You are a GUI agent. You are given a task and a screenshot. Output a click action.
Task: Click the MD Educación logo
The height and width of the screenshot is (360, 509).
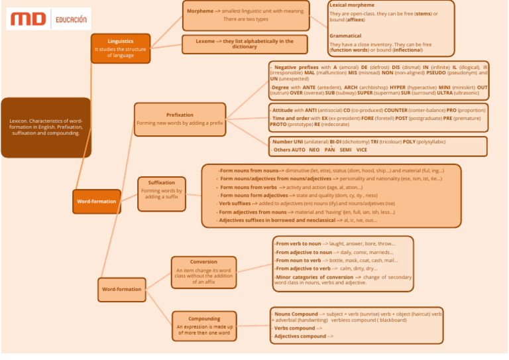(48, 19)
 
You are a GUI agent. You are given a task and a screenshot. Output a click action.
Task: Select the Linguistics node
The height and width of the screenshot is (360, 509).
(121, 48)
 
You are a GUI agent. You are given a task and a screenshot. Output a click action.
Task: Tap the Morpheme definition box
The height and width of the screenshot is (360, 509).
(245, 15)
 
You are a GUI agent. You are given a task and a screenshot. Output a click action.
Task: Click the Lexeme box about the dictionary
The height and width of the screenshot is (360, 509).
(245, 44)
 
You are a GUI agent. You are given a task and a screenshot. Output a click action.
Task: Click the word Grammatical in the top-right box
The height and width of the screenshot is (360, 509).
(345, 36)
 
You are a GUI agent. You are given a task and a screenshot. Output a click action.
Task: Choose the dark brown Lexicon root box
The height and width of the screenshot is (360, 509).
(46, 127)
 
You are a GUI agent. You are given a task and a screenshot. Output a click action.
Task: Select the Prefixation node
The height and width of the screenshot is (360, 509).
(180, 119)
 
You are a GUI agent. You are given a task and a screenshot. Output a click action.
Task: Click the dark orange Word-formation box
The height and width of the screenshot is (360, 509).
(96, 201)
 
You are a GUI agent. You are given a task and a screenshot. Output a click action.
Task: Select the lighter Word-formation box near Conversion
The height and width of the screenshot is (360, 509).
(121, 289)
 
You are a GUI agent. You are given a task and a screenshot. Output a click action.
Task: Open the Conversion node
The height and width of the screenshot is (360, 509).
(203, 272)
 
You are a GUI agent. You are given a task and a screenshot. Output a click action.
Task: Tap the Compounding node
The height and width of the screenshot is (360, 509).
(204, 326)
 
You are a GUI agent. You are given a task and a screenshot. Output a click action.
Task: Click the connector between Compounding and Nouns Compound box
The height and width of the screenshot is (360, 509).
(254, 325)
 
